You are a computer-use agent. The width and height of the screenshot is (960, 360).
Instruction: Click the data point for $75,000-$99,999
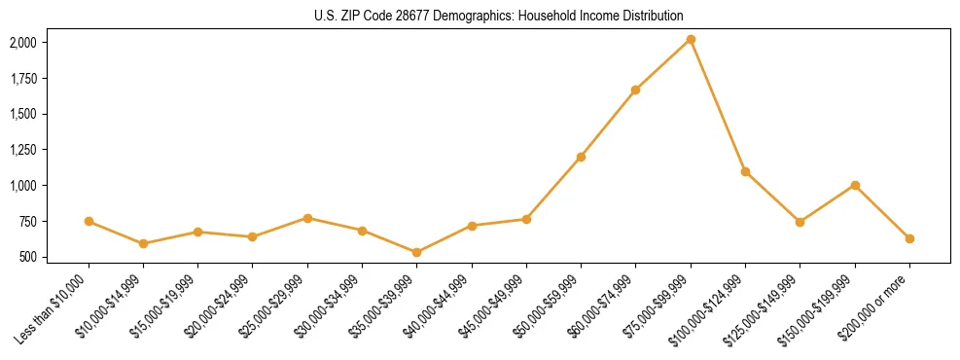tap(691, 39)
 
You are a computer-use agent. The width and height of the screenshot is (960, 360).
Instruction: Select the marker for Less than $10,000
tap(89, 221)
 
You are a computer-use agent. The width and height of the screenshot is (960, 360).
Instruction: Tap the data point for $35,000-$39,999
tap(417, 252)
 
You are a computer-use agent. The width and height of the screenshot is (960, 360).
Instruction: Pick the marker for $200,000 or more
tap(909, 238)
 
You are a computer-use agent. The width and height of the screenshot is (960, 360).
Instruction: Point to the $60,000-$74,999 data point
tap(636, 90)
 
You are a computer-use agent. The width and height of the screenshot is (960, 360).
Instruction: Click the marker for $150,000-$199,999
tap(855, 185)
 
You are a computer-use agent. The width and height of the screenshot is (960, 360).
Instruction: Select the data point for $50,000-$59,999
tap(581, 157)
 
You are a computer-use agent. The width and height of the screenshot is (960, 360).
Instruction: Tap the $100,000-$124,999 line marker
tap(745, 171)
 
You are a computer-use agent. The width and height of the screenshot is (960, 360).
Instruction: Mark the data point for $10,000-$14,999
tap(143, 243)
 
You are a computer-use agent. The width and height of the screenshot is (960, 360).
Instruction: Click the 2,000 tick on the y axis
tap(22, 43)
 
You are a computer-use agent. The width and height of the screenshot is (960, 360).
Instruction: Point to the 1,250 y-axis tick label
tap(22, 150)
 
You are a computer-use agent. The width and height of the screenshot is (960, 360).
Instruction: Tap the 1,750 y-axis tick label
tap(22, 79)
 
